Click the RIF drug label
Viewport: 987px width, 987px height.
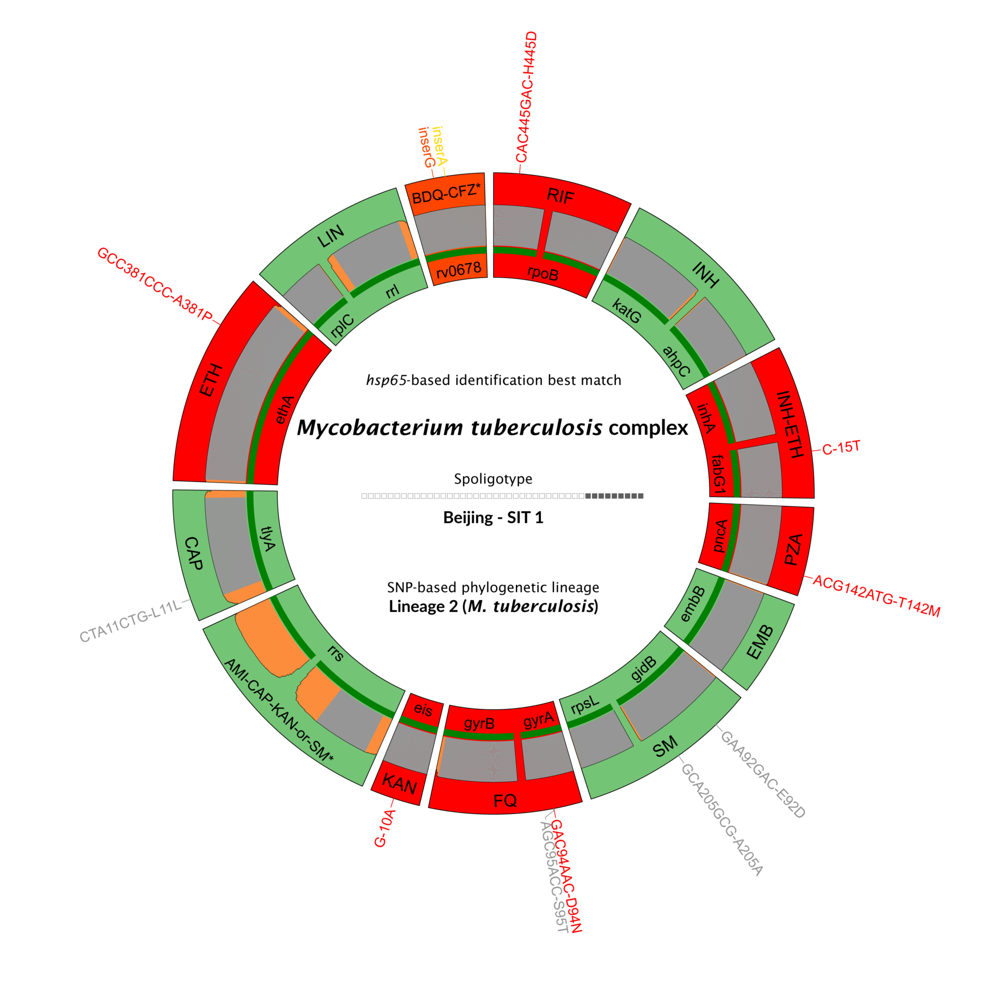pyautogui.click(x=561, y=195)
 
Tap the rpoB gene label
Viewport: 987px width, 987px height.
pyautogui.click(x=542, y=274)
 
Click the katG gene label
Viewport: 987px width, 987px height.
pyautogui.click(x=626, y=312)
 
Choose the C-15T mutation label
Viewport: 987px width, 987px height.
pyautogui.click(x=841, y=448)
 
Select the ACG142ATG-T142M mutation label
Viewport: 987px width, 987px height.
pyautogui.click(x=875, y=596)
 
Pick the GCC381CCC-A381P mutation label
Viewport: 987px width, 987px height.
pyautogui.click(x=155, y=284)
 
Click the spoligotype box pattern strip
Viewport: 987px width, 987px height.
pyautogui.click(x=502, y=496)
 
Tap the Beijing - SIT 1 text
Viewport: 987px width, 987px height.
pyautogui.click(x=493, y=518)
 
